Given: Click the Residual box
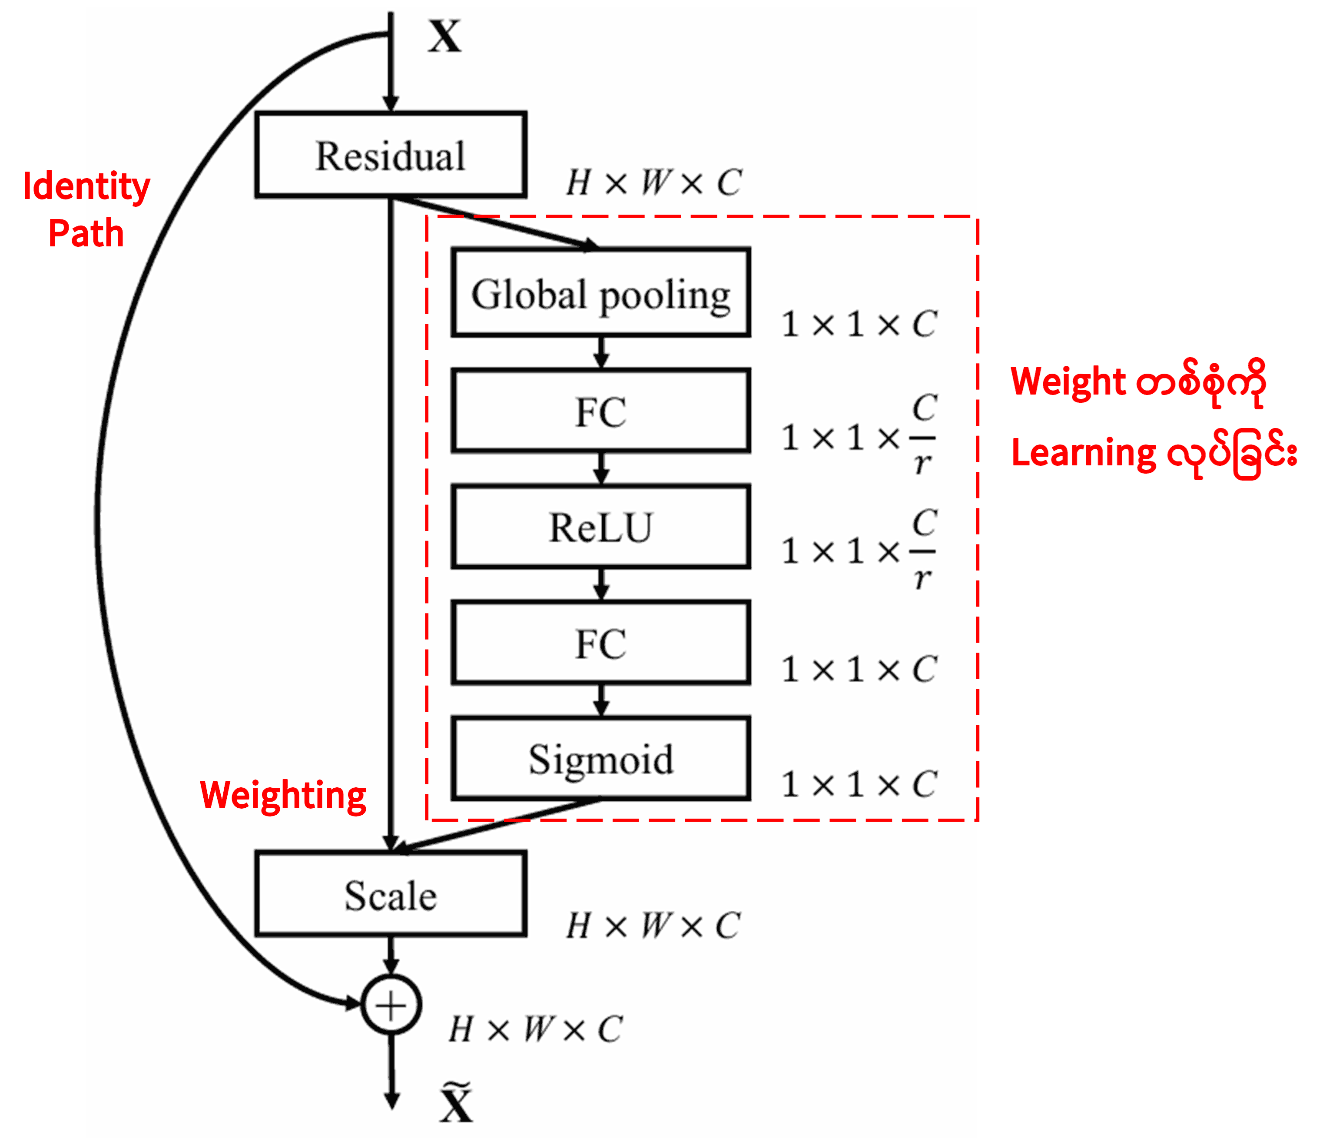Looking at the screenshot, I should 390,155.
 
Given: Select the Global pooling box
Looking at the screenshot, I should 600,292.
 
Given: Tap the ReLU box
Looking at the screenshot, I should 600,527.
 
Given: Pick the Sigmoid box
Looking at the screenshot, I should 600,758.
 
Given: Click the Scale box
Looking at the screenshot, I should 390,894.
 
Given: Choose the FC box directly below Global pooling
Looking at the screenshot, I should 600,411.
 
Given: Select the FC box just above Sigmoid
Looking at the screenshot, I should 600,643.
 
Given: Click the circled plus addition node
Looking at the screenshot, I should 391,1005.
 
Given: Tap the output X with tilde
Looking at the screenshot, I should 456,1104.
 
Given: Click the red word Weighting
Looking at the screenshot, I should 283,795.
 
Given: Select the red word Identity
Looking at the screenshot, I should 86,186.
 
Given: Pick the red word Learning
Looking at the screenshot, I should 1084,453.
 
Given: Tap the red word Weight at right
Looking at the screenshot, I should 1068,382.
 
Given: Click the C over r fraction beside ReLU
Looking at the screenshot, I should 923,551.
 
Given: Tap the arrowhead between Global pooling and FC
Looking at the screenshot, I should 600,361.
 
